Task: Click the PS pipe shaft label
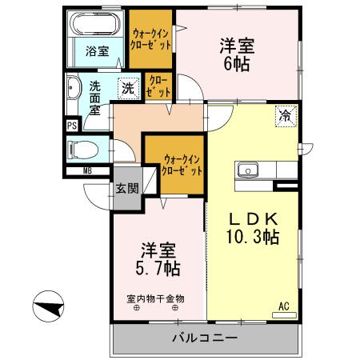pyautogui.click(x=71, y=125)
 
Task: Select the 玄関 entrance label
pyautogui.click(x=126, y=189)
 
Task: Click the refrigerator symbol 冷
pyautogui.click(x=285, y=114)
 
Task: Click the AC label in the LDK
pyautogui.click(x=283, y=306)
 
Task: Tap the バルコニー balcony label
pyautogui.click(x=205, y=338)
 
